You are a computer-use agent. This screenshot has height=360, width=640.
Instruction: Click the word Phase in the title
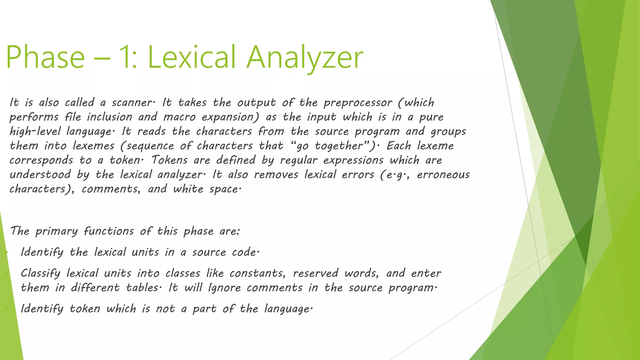coord(45,57)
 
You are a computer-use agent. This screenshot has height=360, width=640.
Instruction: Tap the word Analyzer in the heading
coord(305,57)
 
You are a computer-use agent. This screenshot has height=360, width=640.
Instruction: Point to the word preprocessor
coord(357,103)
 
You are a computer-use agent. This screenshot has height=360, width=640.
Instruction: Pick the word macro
coord(179,117)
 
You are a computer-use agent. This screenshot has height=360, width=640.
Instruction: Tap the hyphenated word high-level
coord(35,132)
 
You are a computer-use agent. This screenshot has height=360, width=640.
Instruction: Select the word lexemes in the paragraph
coord(93,146)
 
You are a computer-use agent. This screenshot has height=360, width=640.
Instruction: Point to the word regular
coord(298,160)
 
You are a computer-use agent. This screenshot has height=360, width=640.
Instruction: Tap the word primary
coord(56,232)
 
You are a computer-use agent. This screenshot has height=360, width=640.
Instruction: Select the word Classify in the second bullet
coord(41,273)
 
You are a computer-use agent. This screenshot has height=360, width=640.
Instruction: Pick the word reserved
coord(316,273)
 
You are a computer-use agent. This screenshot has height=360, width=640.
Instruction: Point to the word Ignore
coord(224,288)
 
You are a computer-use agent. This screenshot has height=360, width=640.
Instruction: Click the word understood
coord(40,175)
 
